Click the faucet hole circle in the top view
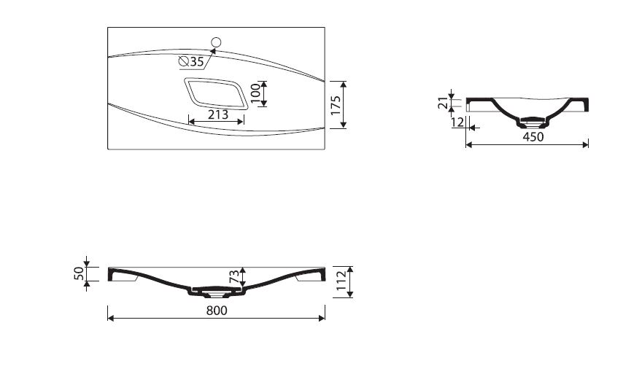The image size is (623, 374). point(216,42)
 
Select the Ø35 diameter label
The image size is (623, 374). point(191,61)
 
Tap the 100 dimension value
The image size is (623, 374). point(255,94)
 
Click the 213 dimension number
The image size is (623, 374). point(218,114)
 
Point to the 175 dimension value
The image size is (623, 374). point(336,105)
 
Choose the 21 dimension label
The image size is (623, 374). point(443,104)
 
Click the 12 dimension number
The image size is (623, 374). point(457,122)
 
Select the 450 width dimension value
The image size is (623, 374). point(533,136)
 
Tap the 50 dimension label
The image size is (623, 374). point(79,273)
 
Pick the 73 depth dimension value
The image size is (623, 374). point(234,276)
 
